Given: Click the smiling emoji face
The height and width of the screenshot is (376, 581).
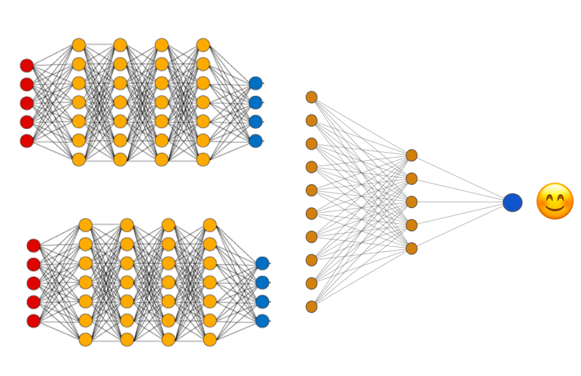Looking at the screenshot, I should [554, 201].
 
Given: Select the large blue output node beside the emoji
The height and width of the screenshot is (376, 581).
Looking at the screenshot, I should [512, 202].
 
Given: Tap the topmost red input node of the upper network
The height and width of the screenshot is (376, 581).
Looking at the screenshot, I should [27, 65].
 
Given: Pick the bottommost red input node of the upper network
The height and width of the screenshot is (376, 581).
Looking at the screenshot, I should [27, 141].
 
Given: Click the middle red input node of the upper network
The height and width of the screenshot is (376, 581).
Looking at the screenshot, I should [27, 103].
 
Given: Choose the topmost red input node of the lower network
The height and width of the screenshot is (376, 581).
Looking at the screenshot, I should [33, 246].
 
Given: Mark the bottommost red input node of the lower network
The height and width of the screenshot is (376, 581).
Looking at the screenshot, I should [33, 321].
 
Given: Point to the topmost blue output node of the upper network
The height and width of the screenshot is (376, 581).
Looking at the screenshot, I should [256, 83].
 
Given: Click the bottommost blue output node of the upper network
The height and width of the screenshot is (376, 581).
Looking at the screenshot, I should [256, 141].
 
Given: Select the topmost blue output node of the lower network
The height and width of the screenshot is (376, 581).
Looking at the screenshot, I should [262, 264].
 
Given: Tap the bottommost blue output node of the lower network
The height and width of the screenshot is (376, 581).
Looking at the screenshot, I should [262, 321].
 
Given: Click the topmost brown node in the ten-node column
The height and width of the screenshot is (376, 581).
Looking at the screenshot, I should [312, 97].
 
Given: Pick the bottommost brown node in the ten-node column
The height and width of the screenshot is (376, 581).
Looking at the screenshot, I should [312, 307].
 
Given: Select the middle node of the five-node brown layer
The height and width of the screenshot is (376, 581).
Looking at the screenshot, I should [411, 202].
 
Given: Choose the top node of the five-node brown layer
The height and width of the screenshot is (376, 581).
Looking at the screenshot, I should [411, 155].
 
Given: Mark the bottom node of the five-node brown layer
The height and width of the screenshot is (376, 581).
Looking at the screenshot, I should [411, 249].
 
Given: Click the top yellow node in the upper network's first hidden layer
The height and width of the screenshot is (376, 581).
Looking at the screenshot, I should [79, 45].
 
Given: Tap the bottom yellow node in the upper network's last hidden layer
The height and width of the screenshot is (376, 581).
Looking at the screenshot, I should [203, 159].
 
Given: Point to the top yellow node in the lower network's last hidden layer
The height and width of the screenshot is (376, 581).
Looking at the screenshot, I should [210, 225].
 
